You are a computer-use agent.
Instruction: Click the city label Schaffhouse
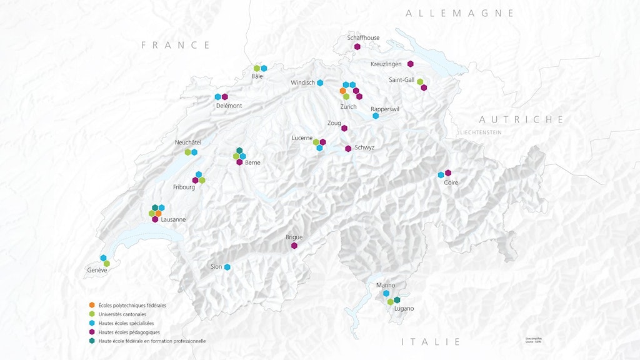[x=363, y=37]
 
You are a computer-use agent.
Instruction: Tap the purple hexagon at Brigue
[x=294, y=246]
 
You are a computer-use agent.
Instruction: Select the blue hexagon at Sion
[x=227, y=267]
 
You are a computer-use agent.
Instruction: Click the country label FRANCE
[x=176, y=45]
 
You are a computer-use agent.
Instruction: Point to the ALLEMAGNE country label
[x=459, y=13]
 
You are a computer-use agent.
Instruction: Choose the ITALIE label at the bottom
[x=431, y=342]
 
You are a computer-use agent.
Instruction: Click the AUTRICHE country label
[x=521, y=119]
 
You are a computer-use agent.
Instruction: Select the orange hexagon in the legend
[x=92, y=305]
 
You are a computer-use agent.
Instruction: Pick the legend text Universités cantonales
[x=122, y=314]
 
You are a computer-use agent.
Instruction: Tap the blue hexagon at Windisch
[x=320, y=82]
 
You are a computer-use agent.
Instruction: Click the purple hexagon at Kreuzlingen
[x=411, y=64]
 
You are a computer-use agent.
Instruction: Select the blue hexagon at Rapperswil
[x=376, y=116]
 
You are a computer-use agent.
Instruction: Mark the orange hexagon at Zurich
[x=342, y=91]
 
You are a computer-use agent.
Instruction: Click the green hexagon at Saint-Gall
[x=420, y=81]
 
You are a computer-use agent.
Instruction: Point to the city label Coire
[x=451, y=182]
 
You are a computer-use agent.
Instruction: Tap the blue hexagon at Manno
[x=386, y=293]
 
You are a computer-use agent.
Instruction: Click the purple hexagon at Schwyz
[x=348, y=148]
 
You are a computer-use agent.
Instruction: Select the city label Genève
[x=97, y=270]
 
